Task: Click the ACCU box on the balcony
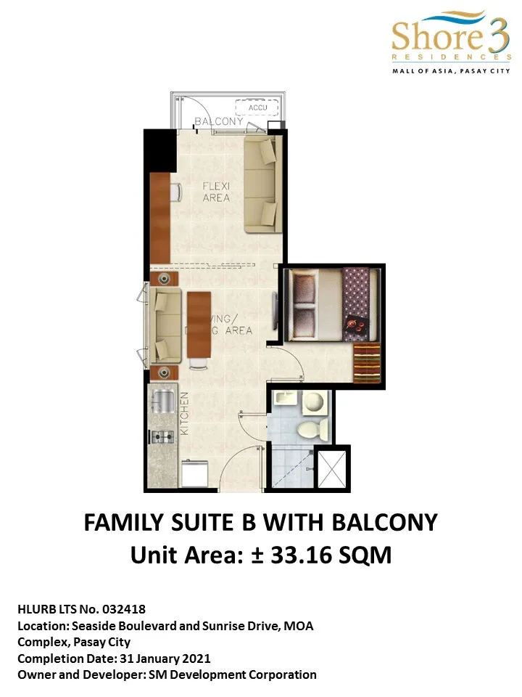pos(257,108)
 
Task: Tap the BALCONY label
pos(219,122)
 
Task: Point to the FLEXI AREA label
pos(215,192)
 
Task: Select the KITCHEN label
pos(184,413)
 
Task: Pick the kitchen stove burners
pos(161,436)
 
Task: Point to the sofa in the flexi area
pos(260,185)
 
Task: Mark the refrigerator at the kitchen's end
pos(194,474)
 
